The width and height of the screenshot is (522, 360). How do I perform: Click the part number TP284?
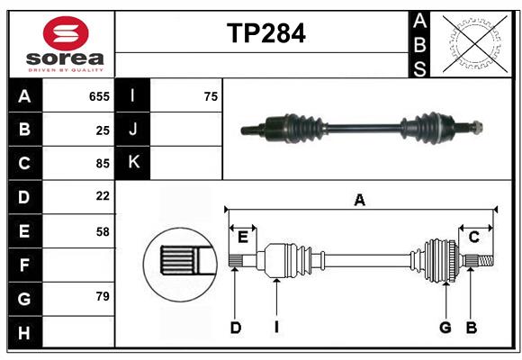click(265, 33)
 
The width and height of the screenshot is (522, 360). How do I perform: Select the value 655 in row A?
click(99, 96)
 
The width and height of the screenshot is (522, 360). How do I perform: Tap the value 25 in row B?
click(103, 130)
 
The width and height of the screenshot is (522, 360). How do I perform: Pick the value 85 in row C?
click(103, 164)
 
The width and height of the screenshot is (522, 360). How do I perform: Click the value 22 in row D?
click(103, 196)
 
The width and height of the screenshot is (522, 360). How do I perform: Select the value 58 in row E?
click(103, 231)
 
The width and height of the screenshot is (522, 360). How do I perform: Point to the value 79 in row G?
click(103, 297)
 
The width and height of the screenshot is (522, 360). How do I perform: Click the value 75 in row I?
click(211, 96)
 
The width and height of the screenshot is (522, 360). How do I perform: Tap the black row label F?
click(24, 265)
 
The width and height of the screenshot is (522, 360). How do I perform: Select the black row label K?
click(133, 163)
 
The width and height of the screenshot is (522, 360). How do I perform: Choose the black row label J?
click(133, 130)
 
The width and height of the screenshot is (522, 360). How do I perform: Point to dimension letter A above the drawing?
click(359, 201)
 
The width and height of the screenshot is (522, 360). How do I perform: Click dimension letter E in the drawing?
click(243, 237)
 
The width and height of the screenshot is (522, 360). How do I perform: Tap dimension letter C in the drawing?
click(473, 237)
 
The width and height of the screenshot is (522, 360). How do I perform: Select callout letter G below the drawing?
click(445, 328)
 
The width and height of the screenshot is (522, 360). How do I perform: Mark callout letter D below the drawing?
click(235, 328)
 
